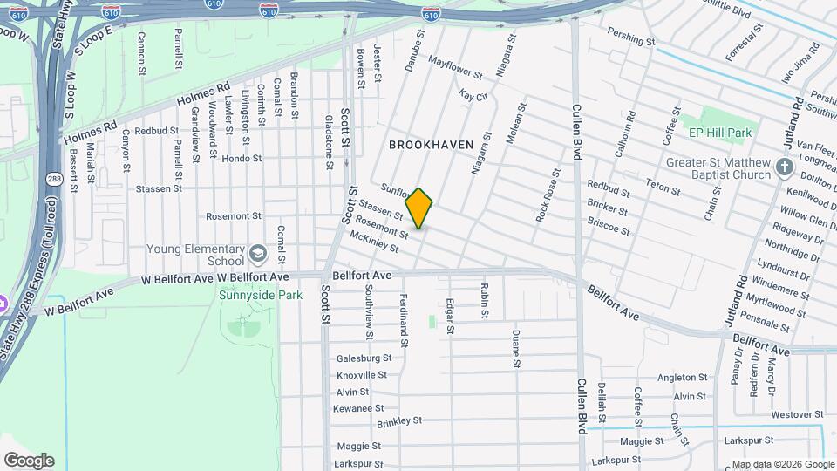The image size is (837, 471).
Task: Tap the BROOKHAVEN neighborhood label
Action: coord(431,144)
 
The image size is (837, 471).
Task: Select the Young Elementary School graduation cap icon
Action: coord(257,253)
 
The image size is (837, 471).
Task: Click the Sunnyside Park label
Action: coord(260,296)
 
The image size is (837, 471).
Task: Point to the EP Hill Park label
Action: coord(719,133)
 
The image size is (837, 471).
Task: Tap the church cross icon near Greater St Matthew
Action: coord(784,167)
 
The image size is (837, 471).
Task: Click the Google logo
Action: coord(29,461)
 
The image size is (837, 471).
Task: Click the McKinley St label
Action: coord(373,242)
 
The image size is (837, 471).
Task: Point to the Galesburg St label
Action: coord(364,358)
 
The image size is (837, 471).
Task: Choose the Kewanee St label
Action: coord(359,408)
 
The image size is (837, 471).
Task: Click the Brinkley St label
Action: coord(399,422)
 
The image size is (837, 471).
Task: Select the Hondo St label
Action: coord(242,159)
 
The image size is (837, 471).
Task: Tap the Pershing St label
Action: coord(632,41)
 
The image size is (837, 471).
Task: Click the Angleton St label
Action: coord(682,378)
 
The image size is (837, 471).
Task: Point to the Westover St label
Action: coord(797,414)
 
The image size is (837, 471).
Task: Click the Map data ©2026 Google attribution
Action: coord(782,464)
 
